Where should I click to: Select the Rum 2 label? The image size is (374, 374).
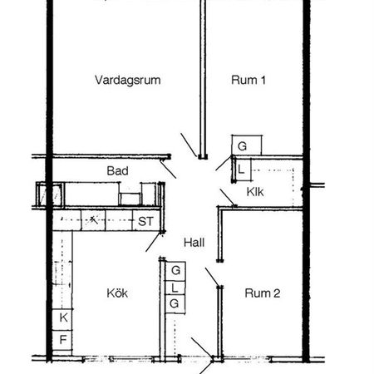coord(263,293)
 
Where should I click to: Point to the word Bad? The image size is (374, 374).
coord(116,171)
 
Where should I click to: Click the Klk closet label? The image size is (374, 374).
coord(255,192)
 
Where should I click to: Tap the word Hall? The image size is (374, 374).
coord(194,243)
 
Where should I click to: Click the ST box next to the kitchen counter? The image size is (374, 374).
coord(145,221)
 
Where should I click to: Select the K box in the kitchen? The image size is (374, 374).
coord(62,318)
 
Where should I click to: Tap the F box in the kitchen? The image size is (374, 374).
coord(62,339)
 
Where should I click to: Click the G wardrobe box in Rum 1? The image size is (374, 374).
coord(242,146)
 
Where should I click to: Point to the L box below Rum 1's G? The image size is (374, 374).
coord(240,170)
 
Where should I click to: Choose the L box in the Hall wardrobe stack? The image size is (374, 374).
coord(175,288)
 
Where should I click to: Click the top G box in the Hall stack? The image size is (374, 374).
coord(175,271)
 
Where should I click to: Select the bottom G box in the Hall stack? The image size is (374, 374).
coord(175,304)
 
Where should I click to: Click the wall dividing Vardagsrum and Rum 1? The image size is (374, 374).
coord(202,75)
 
